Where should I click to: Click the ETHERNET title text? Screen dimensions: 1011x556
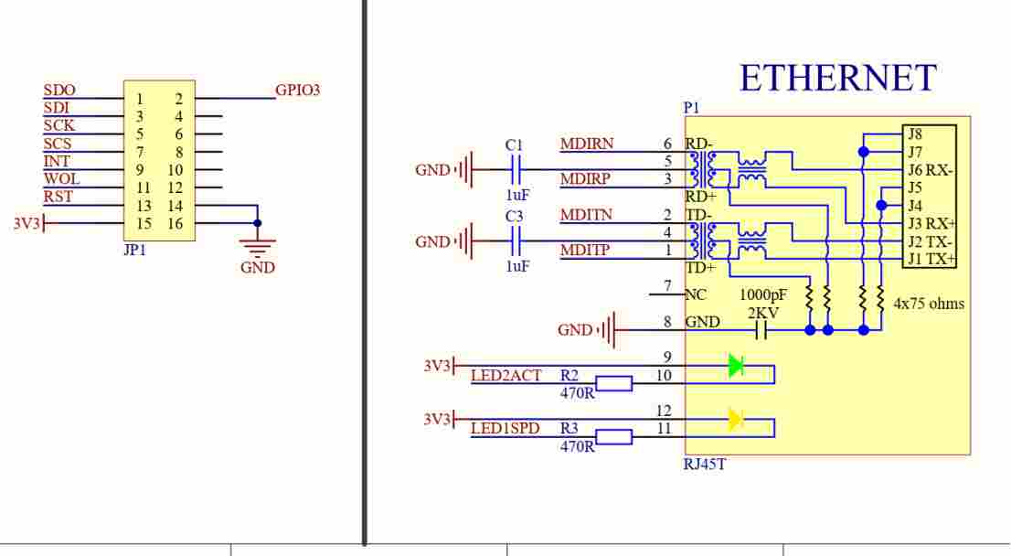pos(837,78)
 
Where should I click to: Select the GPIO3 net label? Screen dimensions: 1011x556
pos(297,90)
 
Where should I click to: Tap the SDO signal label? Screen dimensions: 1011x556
pos(59,90)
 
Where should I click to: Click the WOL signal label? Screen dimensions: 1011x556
pos(61,178)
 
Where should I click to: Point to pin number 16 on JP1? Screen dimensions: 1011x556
pos(176,223)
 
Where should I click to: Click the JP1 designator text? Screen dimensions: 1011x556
pos(134,250)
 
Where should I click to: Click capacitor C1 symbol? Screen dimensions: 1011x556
pos(516,170)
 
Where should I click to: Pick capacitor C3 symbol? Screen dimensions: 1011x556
pos(516,242)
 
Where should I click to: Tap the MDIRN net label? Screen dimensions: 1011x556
pos(586,144)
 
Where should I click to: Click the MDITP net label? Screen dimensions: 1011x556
pos(585,250)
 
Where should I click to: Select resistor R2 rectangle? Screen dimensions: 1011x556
pos(614,384)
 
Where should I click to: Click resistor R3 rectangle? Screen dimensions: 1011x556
pos(614,437)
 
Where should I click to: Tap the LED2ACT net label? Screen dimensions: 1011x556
pos(506,376)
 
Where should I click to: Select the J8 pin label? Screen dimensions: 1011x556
pos(915,134)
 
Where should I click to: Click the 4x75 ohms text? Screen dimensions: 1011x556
pos(929,304)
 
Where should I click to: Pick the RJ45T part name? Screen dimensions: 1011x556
pos(705,464)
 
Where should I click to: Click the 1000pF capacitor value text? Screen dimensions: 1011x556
pos(762,294)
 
